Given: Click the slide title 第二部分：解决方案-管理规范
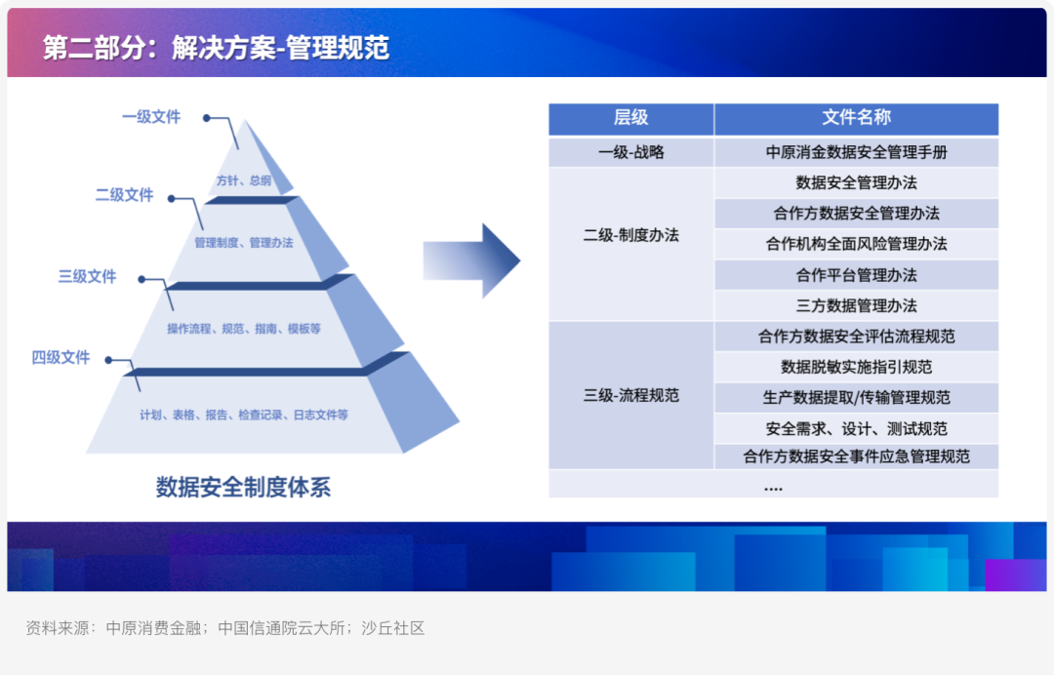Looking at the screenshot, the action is coord(216,48).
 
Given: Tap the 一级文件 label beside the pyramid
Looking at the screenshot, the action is coord(151,117).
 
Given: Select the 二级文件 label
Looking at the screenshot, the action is coord(124,195).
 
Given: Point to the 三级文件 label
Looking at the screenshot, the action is coord(88,277).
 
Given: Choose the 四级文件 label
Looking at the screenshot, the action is coord(61,357).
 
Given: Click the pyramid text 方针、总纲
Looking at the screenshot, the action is coord(243,180).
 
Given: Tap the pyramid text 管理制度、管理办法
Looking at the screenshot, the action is coord(243,243).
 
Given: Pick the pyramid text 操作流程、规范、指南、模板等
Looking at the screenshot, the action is coord(243,329).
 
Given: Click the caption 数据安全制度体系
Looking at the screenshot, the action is coord(243,487).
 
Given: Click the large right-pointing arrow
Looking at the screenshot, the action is coord(471,260).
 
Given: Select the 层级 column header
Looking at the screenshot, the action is coord(630,117).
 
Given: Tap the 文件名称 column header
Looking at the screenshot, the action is coord(857,117).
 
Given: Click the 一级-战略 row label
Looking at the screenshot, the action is coord(630,152).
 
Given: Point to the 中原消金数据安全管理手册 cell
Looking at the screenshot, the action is coord(857,152).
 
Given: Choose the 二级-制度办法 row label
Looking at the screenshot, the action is coord(630,235).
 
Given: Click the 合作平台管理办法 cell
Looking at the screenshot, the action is coord(857,275).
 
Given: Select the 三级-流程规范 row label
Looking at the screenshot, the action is coord(630,396).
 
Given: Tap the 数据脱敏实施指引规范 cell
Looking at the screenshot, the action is coord(857,367).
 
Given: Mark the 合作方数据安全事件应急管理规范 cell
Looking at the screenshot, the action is coord(857,457).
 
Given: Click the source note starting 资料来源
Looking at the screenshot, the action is coord(225,628).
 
